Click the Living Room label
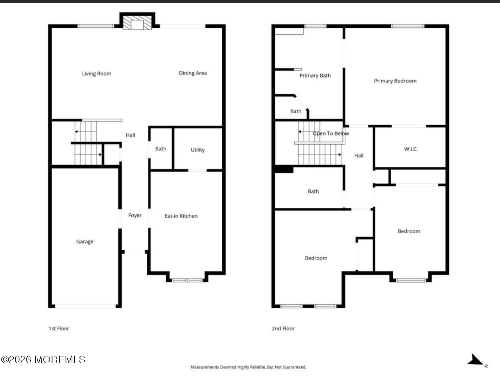pos(97,73)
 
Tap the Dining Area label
pos(193,73)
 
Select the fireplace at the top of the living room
pos(137,23)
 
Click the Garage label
pos(85,242)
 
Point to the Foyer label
pos(135,215)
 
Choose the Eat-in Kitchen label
pos(181,216)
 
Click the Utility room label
pos(197,150)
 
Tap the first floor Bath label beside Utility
pos(160,149)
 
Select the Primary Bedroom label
pos(395,81)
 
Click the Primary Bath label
pos(315,75)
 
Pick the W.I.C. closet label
pos(411,149)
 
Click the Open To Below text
pos(330,133)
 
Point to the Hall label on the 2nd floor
pos(358,156)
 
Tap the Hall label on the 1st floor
pos(130,135)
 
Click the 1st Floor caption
pos(59,328)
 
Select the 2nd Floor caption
pos(283,328)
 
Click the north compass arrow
pos(475,360)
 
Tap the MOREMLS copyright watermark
pos(43,359)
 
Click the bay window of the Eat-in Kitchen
pos(187,280)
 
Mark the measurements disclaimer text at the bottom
pos(248,367)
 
